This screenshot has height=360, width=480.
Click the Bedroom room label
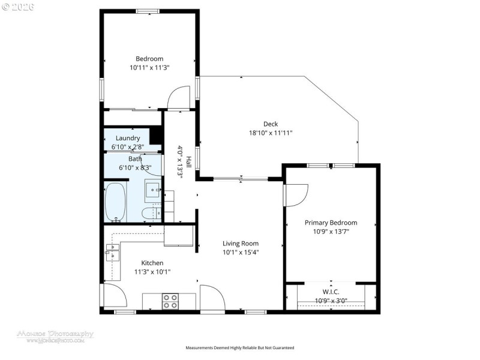click(x=149, y=58)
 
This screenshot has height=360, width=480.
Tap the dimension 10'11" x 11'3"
click(x=149, y=68)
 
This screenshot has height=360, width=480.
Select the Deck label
click(x=271, y=124)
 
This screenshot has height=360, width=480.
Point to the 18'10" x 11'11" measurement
click(x=271, y=133)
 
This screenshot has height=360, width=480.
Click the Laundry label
click(x=128, y=138)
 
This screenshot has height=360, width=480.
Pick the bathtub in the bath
click(x=116, y=202)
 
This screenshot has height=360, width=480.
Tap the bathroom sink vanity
click(x=154, y=191)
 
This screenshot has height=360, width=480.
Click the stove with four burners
click(x=170, y=301)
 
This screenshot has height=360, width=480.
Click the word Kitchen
click(x=152, y=263)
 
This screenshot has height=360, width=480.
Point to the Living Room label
click(x=241, y=244)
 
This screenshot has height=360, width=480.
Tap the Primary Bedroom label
click(x=331, y=223)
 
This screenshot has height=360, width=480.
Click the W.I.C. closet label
click(x=331, y=292)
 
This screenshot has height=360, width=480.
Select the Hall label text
click(x=188, y=162)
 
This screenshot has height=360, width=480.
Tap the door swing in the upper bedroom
click(x=178, y=98)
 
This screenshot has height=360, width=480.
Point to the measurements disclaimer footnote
click(x=240, y=347)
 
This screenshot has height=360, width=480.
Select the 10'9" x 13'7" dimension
click(x=331, y=232)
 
